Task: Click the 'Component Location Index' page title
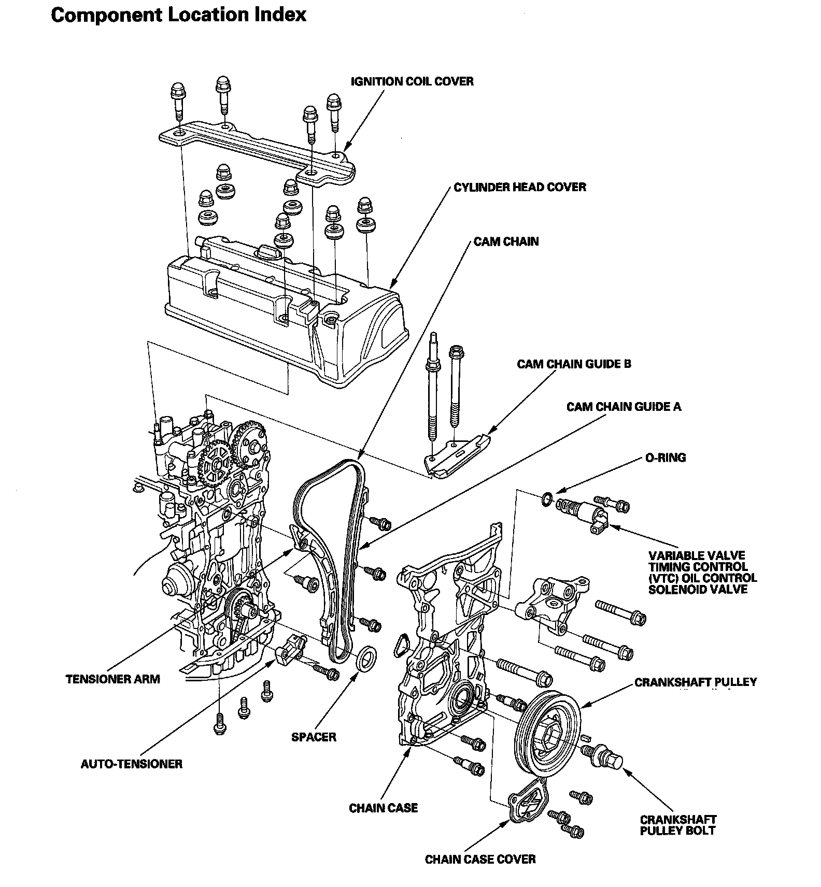point(179,15)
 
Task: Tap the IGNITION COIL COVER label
point(412,81)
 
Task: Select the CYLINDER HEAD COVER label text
point(520,187)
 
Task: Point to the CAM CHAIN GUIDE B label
point(574,364)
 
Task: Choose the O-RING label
point(666,457)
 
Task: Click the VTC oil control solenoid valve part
point(583,511)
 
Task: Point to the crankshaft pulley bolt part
point(604,755)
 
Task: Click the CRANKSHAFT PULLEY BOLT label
point(677,825)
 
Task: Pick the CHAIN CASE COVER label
point(480,860)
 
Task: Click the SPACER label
point(314,736)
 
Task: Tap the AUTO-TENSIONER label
point(132,764)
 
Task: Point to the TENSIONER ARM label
point(113,679)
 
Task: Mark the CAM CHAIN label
point(506,241)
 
